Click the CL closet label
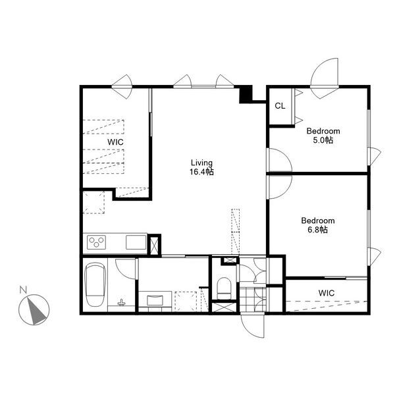[280, 106]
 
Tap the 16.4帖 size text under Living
[202, 172]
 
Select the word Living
[202, 163]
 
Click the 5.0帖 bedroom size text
[323, 140]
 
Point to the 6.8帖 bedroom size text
[318, 230]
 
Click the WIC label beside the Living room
[115, 142]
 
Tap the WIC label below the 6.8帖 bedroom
[327, 293]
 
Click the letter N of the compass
[23, 290]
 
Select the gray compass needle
[36, 310]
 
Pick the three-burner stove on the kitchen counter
[97, 242]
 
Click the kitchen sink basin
[136, 242]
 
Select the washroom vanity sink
[155, 300]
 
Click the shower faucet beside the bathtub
[121, 302]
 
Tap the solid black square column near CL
[246, 94]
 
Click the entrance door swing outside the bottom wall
[252, 326]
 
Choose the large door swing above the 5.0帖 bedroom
[325, 78]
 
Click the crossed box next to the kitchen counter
[153, 246]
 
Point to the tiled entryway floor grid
[253, 300]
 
